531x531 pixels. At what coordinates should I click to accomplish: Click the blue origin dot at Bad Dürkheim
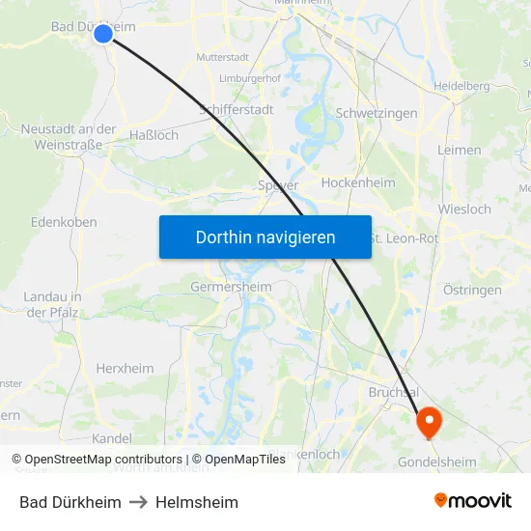(x=103, y=34)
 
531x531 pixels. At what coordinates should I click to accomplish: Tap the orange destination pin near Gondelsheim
(x=428, y=420)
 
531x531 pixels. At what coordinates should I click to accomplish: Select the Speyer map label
(x=278, y=184)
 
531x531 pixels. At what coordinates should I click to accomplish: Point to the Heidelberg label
(x=461, y=86)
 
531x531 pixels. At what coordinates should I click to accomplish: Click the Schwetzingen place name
(x=377, y=113)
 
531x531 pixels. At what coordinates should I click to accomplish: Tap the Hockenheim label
(x=358, y=182)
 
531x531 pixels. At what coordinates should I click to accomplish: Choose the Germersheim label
(x=231, y=287)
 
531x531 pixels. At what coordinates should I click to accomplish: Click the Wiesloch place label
(x=464, y=209)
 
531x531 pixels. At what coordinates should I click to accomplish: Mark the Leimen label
(x=460, y=150)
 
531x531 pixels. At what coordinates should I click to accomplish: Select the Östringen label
(x=472, y=290)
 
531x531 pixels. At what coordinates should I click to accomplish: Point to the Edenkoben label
(x=64, y=221)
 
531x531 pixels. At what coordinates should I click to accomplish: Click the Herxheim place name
(x=125, y=368)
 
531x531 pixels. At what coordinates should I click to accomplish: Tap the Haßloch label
(x=154, y=135)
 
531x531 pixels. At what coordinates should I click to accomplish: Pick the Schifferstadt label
(x=236, y=110)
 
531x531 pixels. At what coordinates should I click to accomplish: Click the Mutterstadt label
(x=222, y=57)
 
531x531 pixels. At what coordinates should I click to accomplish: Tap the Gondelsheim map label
(x=437, y=461)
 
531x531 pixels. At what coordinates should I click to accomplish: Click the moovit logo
(x=473, y=500)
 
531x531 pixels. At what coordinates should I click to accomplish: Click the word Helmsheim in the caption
(x=196, y=502)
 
